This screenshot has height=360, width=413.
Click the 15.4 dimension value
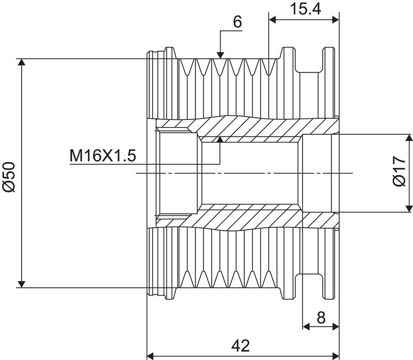(x=305, y=9)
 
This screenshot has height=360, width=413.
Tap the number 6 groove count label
(x=237, y=22)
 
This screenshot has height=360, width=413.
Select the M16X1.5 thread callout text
(x=103, y=155)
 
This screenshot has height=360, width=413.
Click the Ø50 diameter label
(x=9, y=177)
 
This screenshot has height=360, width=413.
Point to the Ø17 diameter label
(x=399, y=171)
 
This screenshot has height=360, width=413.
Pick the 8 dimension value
(x=321, y=317)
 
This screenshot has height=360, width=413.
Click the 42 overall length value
(x=241, y=346)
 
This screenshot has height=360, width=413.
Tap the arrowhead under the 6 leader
(x=220, y=55)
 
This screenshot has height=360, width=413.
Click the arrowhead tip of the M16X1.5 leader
(x=220, y=137)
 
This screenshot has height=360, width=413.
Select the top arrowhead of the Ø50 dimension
(x=21, y=62)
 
